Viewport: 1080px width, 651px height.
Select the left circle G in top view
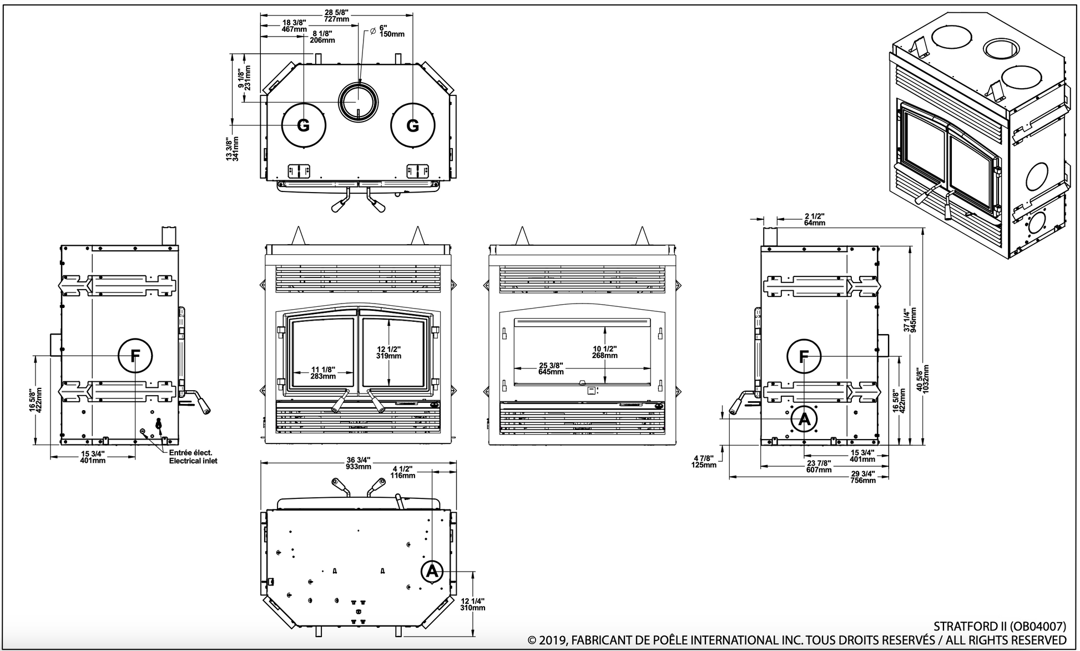pyautogui.click(x=304, y=125)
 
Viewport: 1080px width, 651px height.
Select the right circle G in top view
pyautogui.click(x=412, y=125)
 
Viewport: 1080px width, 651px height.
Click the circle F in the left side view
pyautogui.click(x=135, y=354)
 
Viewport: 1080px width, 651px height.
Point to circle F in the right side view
pyautogui.click(x=804, y=356)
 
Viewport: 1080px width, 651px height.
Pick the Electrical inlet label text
pyautogui.click(x=193, y=461)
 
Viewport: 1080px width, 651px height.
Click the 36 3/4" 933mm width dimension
pyautogui.click(x=358, y=463)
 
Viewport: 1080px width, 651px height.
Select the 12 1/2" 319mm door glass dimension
pyautogui.click(x=388, y=352)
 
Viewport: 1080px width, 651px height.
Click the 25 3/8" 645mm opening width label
pyautogui.click(x=551, y=368)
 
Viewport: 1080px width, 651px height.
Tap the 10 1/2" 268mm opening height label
pyautogui.click(x=605, y=352)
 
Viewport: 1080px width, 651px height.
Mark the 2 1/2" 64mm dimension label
pyautogui.click(x=814, y=219)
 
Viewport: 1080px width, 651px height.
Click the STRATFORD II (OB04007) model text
pyautogui.click(x=1000, y=626)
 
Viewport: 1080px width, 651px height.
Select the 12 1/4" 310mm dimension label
pyautogui.click(x=473, y=604)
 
